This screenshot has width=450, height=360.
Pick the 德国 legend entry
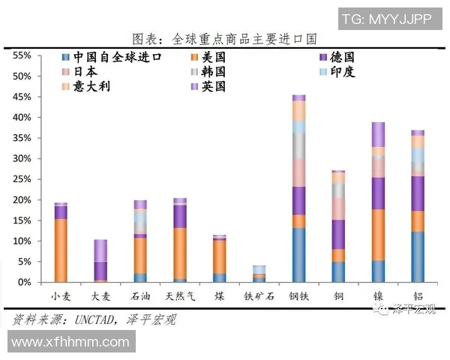[338, 57]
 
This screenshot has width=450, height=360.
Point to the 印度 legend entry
[338, 72]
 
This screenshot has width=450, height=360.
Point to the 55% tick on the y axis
[20, 56]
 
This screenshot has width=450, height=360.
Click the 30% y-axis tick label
[20, 159]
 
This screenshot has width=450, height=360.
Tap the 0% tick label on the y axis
[23, 283]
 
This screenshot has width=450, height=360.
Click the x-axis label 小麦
[61, 296]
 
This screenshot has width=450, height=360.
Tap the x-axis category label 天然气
[179, 296]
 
